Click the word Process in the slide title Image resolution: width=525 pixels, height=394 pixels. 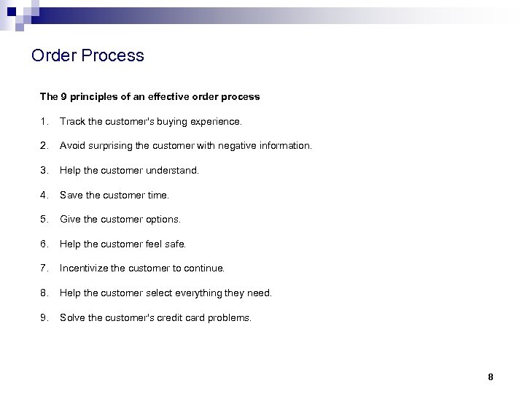tap(112, 55)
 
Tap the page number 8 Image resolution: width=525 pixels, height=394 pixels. tap(491, 377)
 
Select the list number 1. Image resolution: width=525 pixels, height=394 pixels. tap(43, 121)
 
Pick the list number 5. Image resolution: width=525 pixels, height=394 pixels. tap(44, 219)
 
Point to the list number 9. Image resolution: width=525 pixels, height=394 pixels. tap(44, 317)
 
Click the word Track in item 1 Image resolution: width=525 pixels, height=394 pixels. tap(71, 121)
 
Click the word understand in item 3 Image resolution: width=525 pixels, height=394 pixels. tap(171, 170)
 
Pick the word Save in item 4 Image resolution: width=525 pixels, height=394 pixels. tap(71, 195)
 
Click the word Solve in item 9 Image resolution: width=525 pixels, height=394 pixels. tap(71, 317)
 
